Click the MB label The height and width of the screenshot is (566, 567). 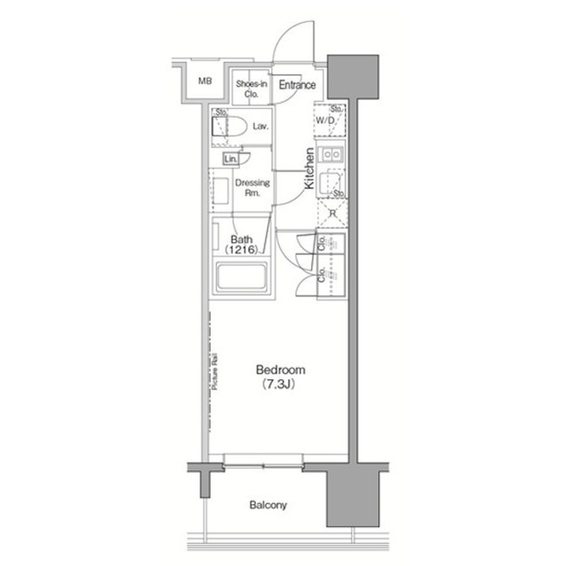pyautogui.click(x=205, y=81)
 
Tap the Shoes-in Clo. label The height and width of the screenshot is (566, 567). pyautogui.click(x=252, y=86)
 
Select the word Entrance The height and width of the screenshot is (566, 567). pyautogui.click(x=298, y=86)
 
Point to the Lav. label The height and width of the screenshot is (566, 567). pyautogui.click(x=260, y=127)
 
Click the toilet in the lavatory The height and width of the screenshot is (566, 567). pyautogui.click(x=229, y=127)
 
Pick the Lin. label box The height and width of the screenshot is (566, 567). pyautogui.click(x=230, y=159)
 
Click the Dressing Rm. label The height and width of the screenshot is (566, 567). pyautogui.click(x=252, y=187)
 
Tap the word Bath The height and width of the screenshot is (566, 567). pyautogui.click(x=242, y=239)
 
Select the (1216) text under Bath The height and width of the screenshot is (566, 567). pyautogui.click(x=242, y=251)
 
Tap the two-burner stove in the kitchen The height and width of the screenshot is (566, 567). pyautogui.click(x=330, y=156)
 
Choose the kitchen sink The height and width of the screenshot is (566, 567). pyautogui.click(x=330, y=183)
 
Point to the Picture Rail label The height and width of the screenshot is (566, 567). pyautogui.click(x=217, y=371)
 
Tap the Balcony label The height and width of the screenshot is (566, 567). pyautogui.click(x=267, y=506)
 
